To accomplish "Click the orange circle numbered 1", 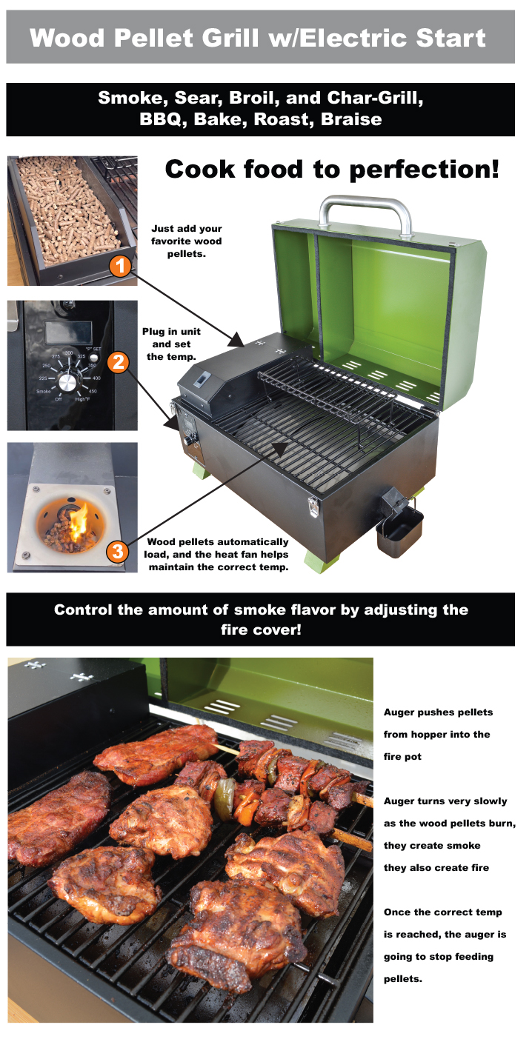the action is (x=120, y=266).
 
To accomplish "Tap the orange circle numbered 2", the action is (x=119, y=362).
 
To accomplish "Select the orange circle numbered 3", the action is (x=117, y=552).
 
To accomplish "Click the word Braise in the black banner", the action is (x=351, y=119).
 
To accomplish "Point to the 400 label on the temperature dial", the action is (x=96, y=378).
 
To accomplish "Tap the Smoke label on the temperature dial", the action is (x=44, y=391).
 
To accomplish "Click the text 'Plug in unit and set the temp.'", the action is (x=171, y=344).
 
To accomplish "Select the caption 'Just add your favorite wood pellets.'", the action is (x=186, y=241).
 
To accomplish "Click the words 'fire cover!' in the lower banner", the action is (x=261, y=629).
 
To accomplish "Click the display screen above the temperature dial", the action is (x=68, y=332).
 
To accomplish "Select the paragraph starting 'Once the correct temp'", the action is (x=445, y=946).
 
